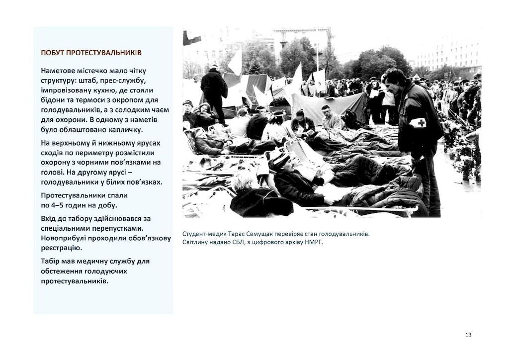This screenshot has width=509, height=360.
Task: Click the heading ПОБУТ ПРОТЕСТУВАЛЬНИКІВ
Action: point(91,53)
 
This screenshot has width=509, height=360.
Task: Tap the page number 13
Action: point(468,335)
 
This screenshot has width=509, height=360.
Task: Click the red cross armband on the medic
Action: point(418,122)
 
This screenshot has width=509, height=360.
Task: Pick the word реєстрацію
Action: point(61,247)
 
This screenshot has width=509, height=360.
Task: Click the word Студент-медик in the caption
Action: point(202,234)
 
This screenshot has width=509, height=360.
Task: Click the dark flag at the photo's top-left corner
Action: point(191,38)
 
